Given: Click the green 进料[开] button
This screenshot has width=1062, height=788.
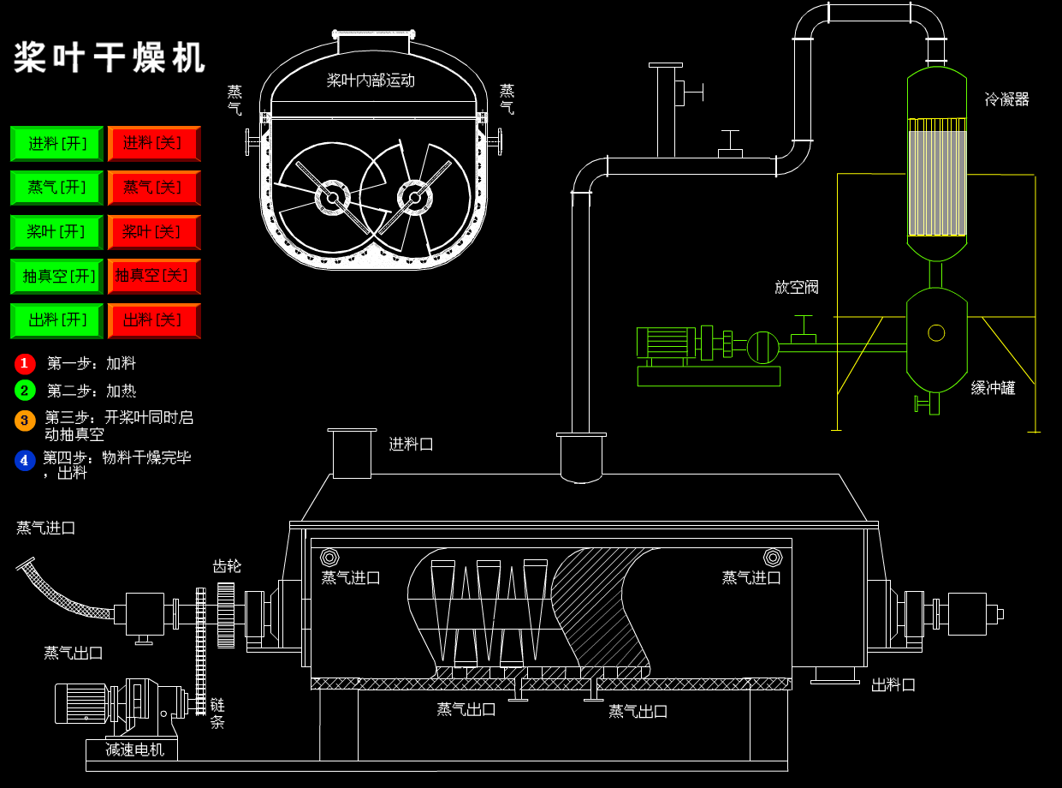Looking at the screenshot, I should [x=56, y=144].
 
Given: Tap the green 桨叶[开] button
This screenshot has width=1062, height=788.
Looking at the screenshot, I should [x=56, y=232].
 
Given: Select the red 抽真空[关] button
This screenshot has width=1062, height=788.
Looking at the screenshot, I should [x=154, y=276].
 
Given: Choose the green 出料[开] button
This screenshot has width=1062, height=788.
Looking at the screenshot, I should [x=56, y=320].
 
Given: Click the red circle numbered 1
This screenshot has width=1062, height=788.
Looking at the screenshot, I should [x=25, y=364].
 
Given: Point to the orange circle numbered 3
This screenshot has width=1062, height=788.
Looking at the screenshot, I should [x=25, y=421].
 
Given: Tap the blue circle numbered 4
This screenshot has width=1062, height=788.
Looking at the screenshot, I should [x=25, y=461].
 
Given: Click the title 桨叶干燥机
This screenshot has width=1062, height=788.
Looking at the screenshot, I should [x=110, y=58].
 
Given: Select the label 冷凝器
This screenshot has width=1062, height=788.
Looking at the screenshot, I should [x=1006, y=99].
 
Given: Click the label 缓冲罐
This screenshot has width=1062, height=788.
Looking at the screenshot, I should [x=993, y=388].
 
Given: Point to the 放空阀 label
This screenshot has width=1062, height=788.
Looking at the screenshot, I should [x=797, y=287].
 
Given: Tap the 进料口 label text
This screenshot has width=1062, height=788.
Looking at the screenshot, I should [x=411, y=444].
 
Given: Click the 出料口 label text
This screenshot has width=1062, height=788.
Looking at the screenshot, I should [x=893, y=685].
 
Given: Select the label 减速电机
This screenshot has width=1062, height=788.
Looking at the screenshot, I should [x=134, y=749].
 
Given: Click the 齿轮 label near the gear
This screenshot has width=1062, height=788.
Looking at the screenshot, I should [x=227, y=566].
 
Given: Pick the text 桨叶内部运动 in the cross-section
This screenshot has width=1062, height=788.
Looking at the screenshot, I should [x=371, y=81].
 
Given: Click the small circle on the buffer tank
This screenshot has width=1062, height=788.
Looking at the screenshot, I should [x=936, y=332].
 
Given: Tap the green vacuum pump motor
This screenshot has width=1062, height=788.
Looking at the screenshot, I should [x=665, y=343].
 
